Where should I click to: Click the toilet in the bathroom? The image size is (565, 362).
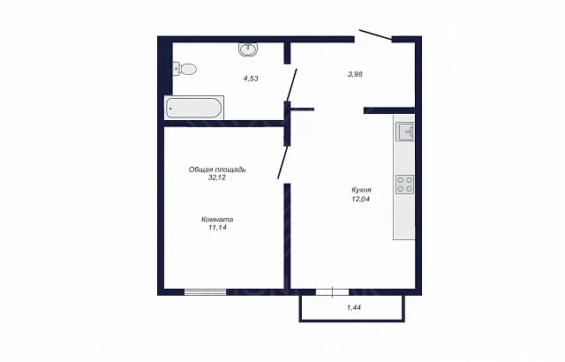coord(185,69)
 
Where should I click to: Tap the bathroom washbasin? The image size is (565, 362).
coord(248,49)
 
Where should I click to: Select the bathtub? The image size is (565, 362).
coord(194,108)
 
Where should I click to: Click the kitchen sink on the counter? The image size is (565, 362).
coord(405,132)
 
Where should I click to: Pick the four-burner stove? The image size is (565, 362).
coord(404,185)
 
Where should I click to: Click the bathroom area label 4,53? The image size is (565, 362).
coord(251,79)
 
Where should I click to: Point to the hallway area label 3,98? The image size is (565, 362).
coord(355,74)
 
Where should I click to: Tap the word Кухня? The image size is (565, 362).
coord(361,190)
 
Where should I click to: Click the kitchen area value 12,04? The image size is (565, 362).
coord(361,199)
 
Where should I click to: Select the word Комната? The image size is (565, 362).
coord(217,219)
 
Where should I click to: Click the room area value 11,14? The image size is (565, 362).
coord(217,228)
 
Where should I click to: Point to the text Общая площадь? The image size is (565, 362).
coord(217,170)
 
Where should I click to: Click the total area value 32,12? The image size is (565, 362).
coord(217,177)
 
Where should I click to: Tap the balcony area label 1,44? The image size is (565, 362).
coord(354,307)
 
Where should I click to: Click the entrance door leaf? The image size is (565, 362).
coord(375,35)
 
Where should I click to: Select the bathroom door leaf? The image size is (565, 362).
coord(292,85)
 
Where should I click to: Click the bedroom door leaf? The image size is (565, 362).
coord(282,162)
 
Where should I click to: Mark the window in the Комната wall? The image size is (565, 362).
coord(206,292)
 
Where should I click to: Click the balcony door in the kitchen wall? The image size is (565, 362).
coord(332,292)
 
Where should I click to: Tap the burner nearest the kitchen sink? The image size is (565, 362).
coord(409,180)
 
